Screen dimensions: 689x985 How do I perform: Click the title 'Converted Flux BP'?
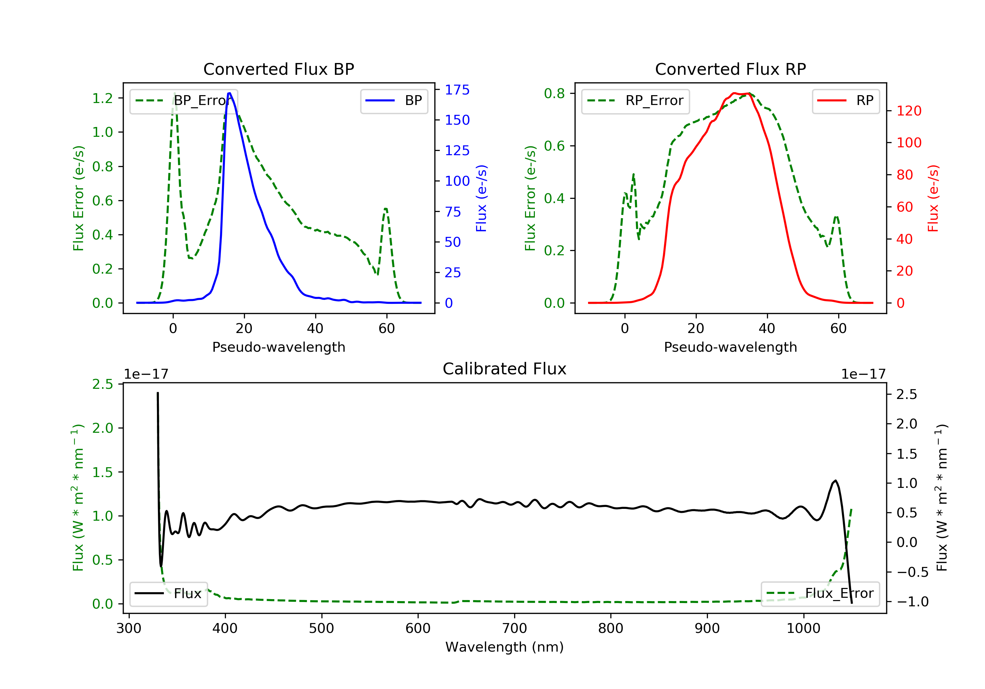[x=278, y=69]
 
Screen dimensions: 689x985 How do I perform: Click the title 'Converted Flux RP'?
[x=730, y=69]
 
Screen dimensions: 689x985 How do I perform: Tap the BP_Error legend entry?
[x=184, y=101]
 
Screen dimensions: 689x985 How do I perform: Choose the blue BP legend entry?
[x=394, y=101]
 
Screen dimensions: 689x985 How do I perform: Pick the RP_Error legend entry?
[x=635, y=101]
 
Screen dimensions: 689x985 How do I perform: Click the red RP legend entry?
[x=845, y=101]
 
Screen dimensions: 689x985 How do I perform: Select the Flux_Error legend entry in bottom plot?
[x=820, y=594]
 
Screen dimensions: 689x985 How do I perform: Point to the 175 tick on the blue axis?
[x=457, y=90]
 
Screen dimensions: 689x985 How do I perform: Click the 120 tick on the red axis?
[x=908, y=111]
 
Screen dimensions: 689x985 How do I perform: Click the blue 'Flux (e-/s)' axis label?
[x=481, y=198]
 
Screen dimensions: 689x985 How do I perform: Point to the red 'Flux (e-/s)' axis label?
[x=933, y=198]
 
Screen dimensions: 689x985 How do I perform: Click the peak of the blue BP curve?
[x=230, y=93]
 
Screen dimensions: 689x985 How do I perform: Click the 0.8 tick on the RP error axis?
[x=554, y=94]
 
